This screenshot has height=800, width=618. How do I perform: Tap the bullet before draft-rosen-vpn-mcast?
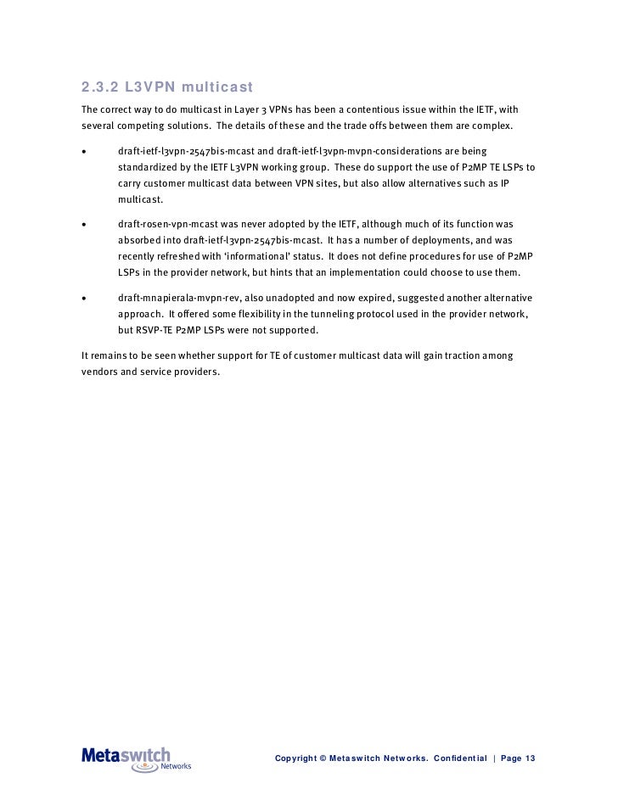[83, 225]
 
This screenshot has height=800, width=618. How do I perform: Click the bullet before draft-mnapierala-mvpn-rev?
[83, 299]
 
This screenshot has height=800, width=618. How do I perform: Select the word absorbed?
[138, 240]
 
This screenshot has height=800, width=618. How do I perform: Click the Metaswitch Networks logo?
[136, 758]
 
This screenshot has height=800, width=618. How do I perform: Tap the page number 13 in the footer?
[530, 758]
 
